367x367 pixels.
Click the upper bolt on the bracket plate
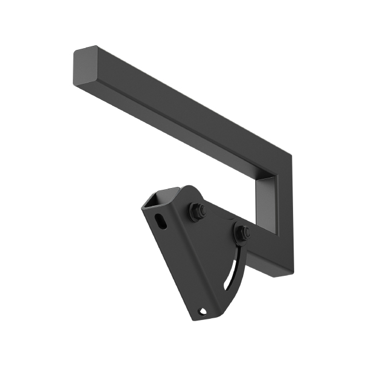coord(197,212)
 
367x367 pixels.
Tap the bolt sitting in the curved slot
coord(241,233)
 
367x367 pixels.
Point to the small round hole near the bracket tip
coord(202,311)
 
